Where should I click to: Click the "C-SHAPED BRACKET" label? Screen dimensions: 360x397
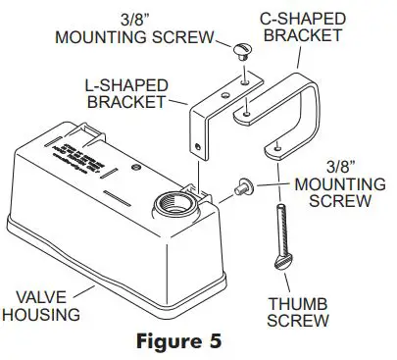pos(301,27)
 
